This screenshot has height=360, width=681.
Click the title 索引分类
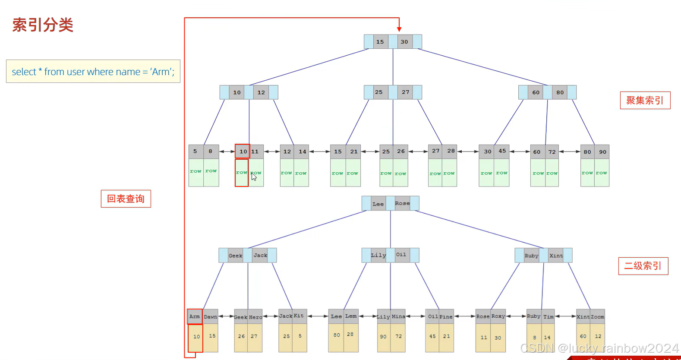coord(43,25)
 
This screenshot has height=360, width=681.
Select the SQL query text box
coord(93,72)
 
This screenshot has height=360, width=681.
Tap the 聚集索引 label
coord(645,101)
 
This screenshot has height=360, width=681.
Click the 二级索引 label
coord(643,266)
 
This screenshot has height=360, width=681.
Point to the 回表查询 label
coord(126,199)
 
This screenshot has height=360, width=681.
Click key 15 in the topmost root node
coord(380,42)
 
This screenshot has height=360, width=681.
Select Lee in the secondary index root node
coord(378,204)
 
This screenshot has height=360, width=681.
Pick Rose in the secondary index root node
coord(402,203)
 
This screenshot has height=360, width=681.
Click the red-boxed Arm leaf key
coord(195,317)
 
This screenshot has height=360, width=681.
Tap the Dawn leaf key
coord(211,317)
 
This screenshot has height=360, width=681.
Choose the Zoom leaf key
coord(598,317)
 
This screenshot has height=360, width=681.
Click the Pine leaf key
coord(446,317)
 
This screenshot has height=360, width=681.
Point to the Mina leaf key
coord(398,317)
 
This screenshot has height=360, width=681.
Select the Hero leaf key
coord(255,317)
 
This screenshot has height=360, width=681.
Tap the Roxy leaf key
coord(498,316)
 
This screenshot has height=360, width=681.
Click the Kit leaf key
coord(299,316)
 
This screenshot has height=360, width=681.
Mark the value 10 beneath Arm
coord(196,337)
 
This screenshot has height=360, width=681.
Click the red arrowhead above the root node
coord(399,29)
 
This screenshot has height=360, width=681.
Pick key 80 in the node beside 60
coord(560,92)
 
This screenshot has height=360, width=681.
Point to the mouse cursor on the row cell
coord(254,177)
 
